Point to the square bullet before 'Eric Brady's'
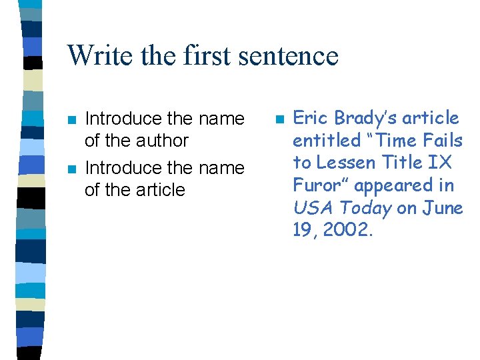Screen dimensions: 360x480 (279, 119)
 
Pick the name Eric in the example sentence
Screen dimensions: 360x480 (311, 118)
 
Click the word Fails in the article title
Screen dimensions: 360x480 (442, 141)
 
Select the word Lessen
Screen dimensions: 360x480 (345, 163)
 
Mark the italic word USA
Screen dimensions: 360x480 (309, 208)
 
